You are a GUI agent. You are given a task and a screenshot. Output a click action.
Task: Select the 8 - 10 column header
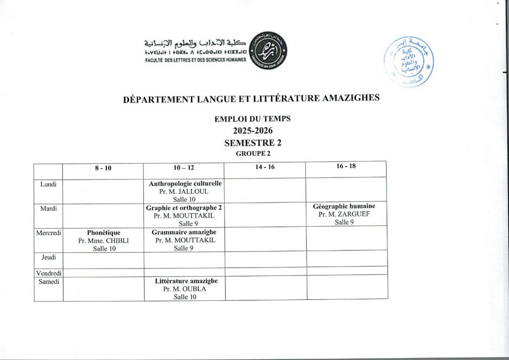point(103,168)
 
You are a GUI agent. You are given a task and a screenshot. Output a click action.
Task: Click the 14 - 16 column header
point(265,168)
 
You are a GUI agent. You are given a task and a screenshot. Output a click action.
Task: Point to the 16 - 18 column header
point(346,166)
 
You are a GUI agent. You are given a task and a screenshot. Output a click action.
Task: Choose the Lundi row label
point(48,184)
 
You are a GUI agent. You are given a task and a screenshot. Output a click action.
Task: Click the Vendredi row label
point(49,273)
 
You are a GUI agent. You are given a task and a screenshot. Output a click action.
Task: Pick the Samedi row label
point(49,281)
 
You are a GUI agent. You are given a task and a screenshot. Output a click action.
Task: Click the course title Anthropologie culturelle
point(185,183)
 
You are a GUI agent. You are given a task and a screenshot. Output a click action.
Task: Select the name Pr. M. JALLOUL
point(184,191)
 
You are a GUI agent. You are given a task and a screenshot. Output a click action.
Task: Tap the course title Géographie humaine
point(344,206)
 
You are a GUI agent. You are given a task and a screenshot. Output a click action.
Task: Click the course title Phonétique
point(104,232)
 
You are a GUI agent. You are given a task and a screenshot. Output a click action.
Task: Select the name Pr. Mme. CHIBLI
point(104,241)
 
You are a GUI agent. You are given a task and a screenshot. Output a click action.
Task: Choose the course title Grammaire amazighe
point(184,232)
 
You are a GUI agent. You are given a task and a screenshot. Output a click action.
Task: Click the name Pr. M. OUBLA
point(184,289)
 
